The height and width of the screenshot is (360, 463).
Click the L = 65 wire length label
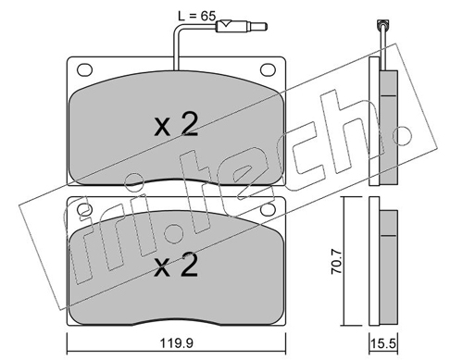pyautogui.click(x=196, y=16)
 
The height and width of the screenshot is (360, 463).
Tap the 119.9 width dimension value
pyautogui.click(x=177, y=342)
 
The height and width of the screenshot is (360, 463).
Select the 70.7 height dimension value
pyautogui.click(x=336, y=262)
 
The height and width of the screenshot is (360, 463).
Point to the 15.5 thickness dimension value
pyautogui.click(x=384, y=343)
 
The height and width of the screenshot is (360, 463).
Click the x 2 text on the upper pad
pyautogui.click(x=176, y=125)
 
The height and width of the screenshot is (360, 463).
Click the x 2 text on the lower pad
pyautogui.click(x=176, y=265)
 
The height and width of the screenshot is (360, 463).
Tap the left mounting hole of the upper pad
pyautogui.click(x=84, y=69)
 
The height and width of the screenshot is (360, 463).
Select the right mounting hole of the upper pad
pyautogui.click(x=268, y=69)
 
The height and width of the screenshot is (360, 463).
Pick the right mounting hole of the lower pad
pyautogui.click(x=268, y=209)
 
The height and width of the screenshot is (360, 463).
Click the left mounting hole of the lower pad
pyautogui.click(x=84, y=209)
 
